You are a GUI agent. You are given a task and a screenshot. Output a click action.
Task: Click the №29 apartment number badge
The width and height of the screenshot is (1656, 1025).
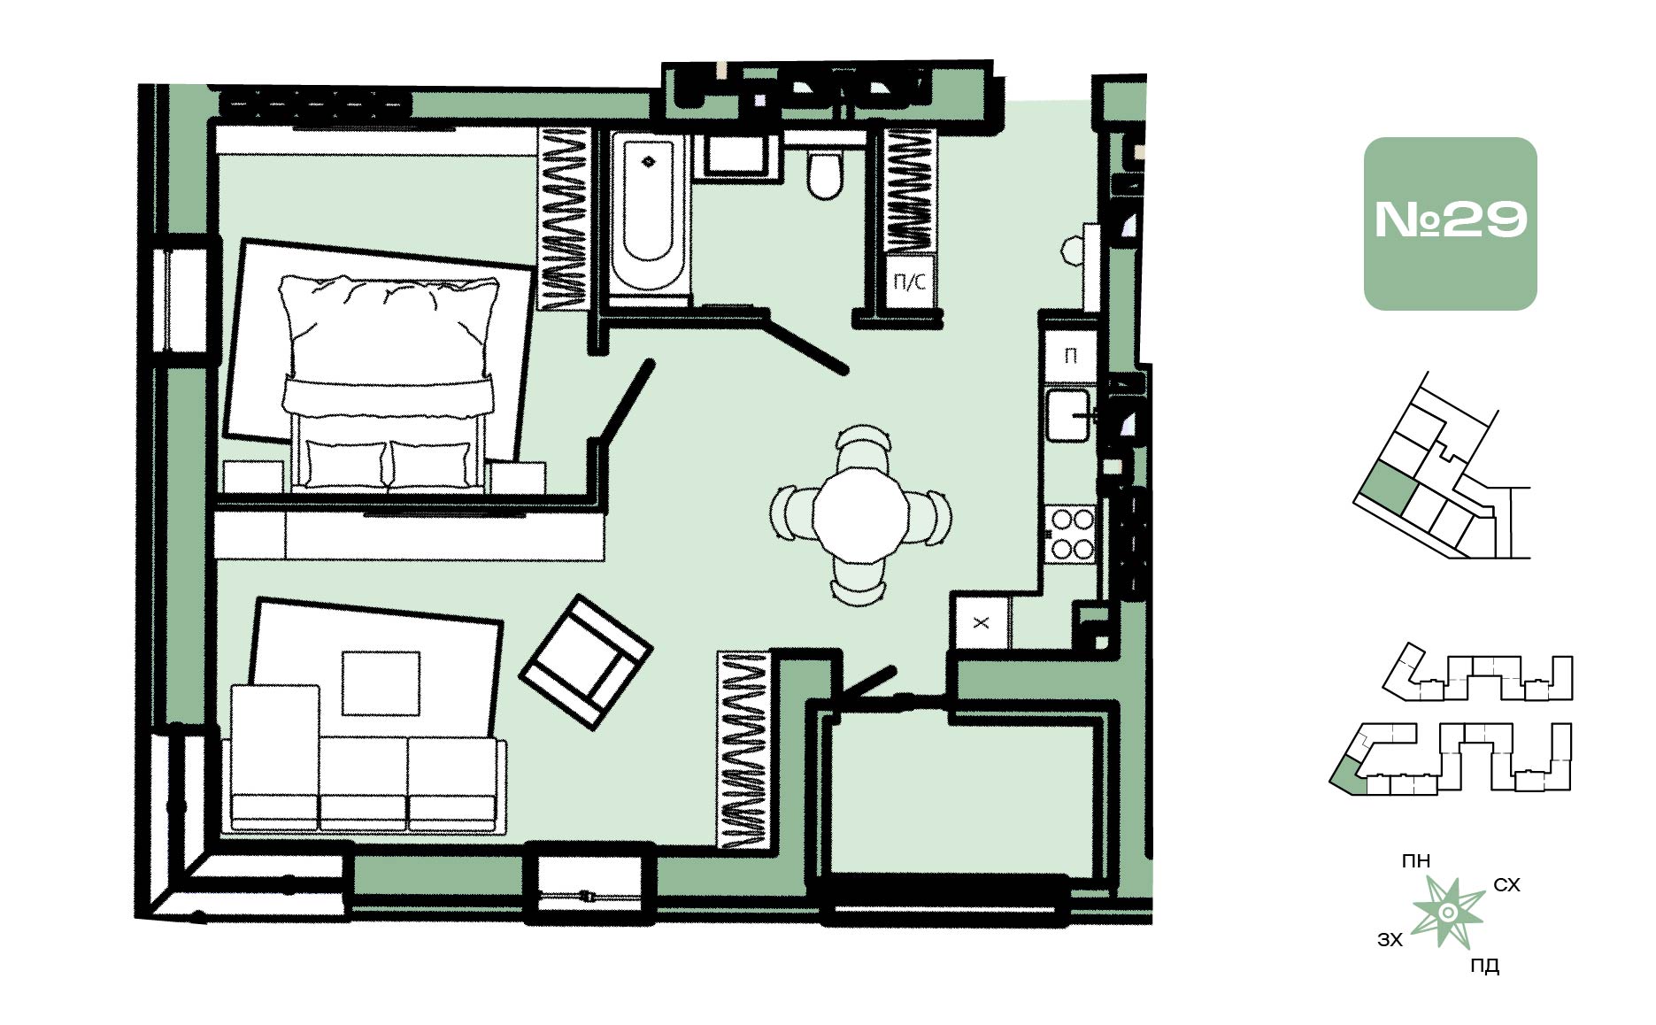pyautogui.click(x=1450, y=223)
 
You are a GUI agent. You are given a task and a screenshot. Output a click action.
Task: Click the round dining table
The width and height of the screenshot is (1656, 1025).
pyautogui.click(x=860, y=515)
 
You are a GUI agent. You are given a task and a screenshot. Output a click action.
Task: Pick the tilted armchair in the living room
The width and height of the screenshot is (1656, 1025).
pyautogui.click(x=585, y=661)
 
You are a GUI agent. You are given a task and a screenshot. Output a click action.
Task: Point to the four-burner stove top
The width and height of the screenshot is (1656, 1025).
pyautogui.click(x=1072, y=534)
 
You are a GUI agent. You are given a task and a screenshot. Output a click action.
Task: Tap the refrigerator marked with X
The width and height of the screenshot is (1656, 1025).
pyautogui.click(x=981, y=622)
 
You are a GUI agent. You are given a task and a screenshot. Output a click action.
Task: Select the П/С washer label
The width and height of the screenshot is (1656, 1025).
pyautogui.click(x=910, y=282)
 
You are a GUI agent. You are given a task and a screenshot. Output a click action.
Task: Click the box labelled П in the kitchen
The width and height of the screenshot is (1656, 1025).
pyautogui.click(x=1070, y=356)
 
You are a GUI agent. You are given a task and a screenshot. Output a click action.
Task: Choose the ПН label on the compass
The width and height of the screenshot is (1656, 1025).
pyautogui.click(x=1416, y=860)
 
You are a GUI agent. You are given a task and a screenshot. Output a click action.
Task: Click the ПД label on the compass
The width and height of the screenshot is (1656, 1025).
pyautogui.click(x=1484, y=966)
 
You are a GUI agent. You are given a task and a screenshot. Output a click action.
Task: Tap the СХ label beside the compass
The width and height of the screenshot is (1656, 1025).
pyautogui.click(x=1506, y=885)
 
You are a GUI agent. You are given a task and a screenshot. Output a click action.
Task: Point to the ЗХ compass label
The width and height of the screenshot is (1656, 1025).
pyautogui.click(x=1390, y=940)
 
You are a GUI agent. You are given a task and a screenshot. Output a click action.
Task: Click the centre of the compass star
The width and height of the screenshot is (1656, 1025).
pyautogui.click(x=1448, y=913)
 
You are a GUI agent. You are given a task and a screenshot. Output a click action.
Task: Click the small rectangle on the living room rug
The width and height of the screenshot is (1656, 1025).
pyautogui.click(x=381, y=682)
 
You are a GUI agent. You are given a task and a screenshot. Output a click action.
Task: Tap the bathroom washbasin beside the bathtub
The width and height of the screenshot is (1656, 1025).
pyautogui.click(x=737, y=157)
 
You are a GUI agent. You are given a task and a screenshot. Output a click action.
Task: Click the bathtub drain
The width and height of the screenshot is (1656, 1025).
pyautogui.click(x=648, y=162)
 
